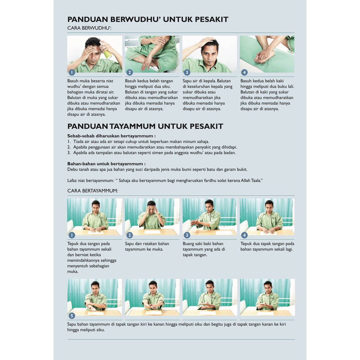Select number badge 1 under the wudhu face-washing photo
72,72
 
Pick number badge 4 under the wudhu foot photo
244,72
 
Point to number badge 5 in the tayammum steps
72,316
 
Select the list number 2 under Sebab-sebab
69,147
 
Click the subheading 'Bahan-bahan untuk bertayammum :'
106,164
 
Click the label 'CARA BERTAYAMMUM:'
92,191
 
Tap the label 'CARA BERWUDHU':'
89,28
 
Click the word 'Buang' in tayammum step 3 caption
189,244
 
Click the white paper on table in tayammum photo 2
152,232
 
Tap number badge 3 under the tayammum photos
187,235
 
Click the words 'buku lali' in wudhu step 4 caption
285,86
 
